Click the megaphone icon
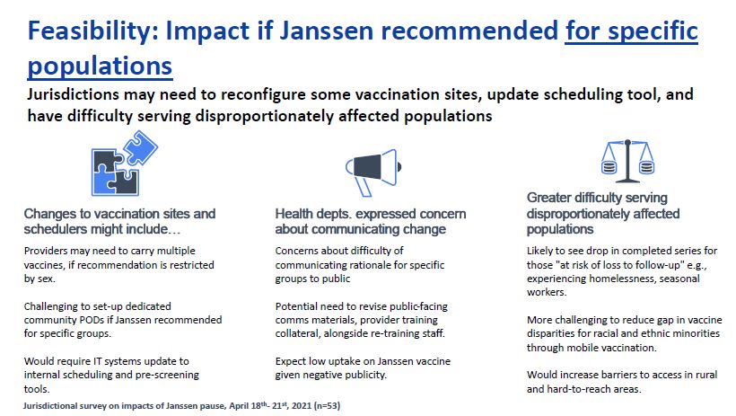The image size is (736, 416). click(x=373, y=172)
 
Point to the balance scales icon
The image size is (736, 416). click(x=627, y=161)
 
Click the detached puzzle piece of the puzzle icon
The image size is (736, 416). click(x=140, y=147)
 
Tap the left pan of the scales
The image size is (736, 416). click(x=609, y=167)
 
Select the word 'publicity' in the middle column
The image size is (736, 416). click(x=364, y=375)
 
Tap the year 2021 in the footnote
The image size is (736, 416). click(x=302, y=405)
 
